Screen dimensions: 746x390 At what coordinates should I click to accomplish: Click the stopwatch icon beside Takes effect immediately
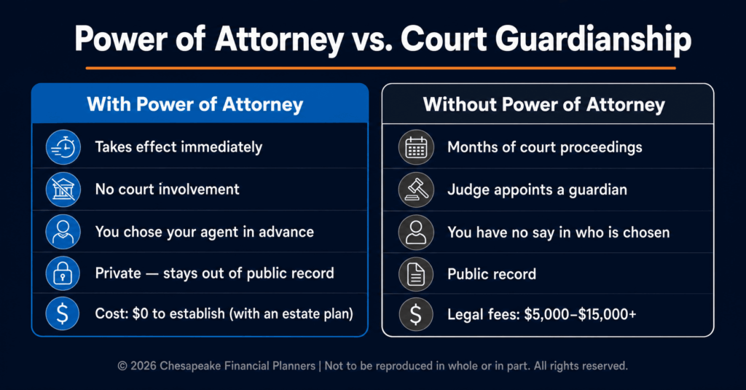[63, 147]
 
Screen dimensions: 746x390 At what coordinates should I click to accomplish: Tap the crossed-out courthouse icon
[63, 190]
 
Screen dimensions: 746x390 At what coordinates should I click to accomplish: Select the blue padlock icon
[63, 273]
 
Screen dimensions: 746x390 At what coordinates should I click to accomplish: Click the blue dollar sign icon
[63, 313]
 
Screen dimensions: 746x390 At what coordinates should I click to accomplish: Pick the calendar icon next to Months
[416, 148]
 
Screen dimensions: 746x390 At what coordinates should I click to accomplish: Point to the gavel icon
[416, 190]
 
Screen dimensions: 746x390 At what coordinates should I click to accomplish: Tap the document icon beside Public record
[416, 274]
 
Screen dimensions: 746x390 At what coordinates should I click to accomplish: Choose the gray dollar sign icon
[416, 314]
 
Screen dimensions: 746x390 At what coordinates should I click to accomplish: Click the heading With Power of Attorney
[195, 105]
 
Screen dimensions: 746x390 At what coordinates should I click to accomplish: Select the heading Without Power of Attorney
[544, 105]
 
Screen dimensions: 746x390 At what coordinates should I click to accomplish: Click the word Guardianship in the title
[593, 39]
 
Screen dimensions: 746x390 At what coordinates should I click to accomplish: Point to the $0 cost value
[141, 313]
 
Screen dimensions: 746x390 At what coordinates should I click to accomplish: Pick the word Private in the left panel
[118, 273]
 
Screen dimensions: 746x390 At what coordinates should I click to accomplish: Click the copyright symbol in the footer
[122, 366]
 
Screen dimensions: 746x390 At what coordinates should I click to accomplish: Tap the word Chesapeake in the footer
[190, 366]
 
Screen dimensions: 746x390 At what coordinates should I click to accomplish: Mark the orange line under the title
[380, 68]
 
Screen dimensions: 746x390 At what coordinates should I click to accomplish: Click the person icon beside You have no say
[416, 233]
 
